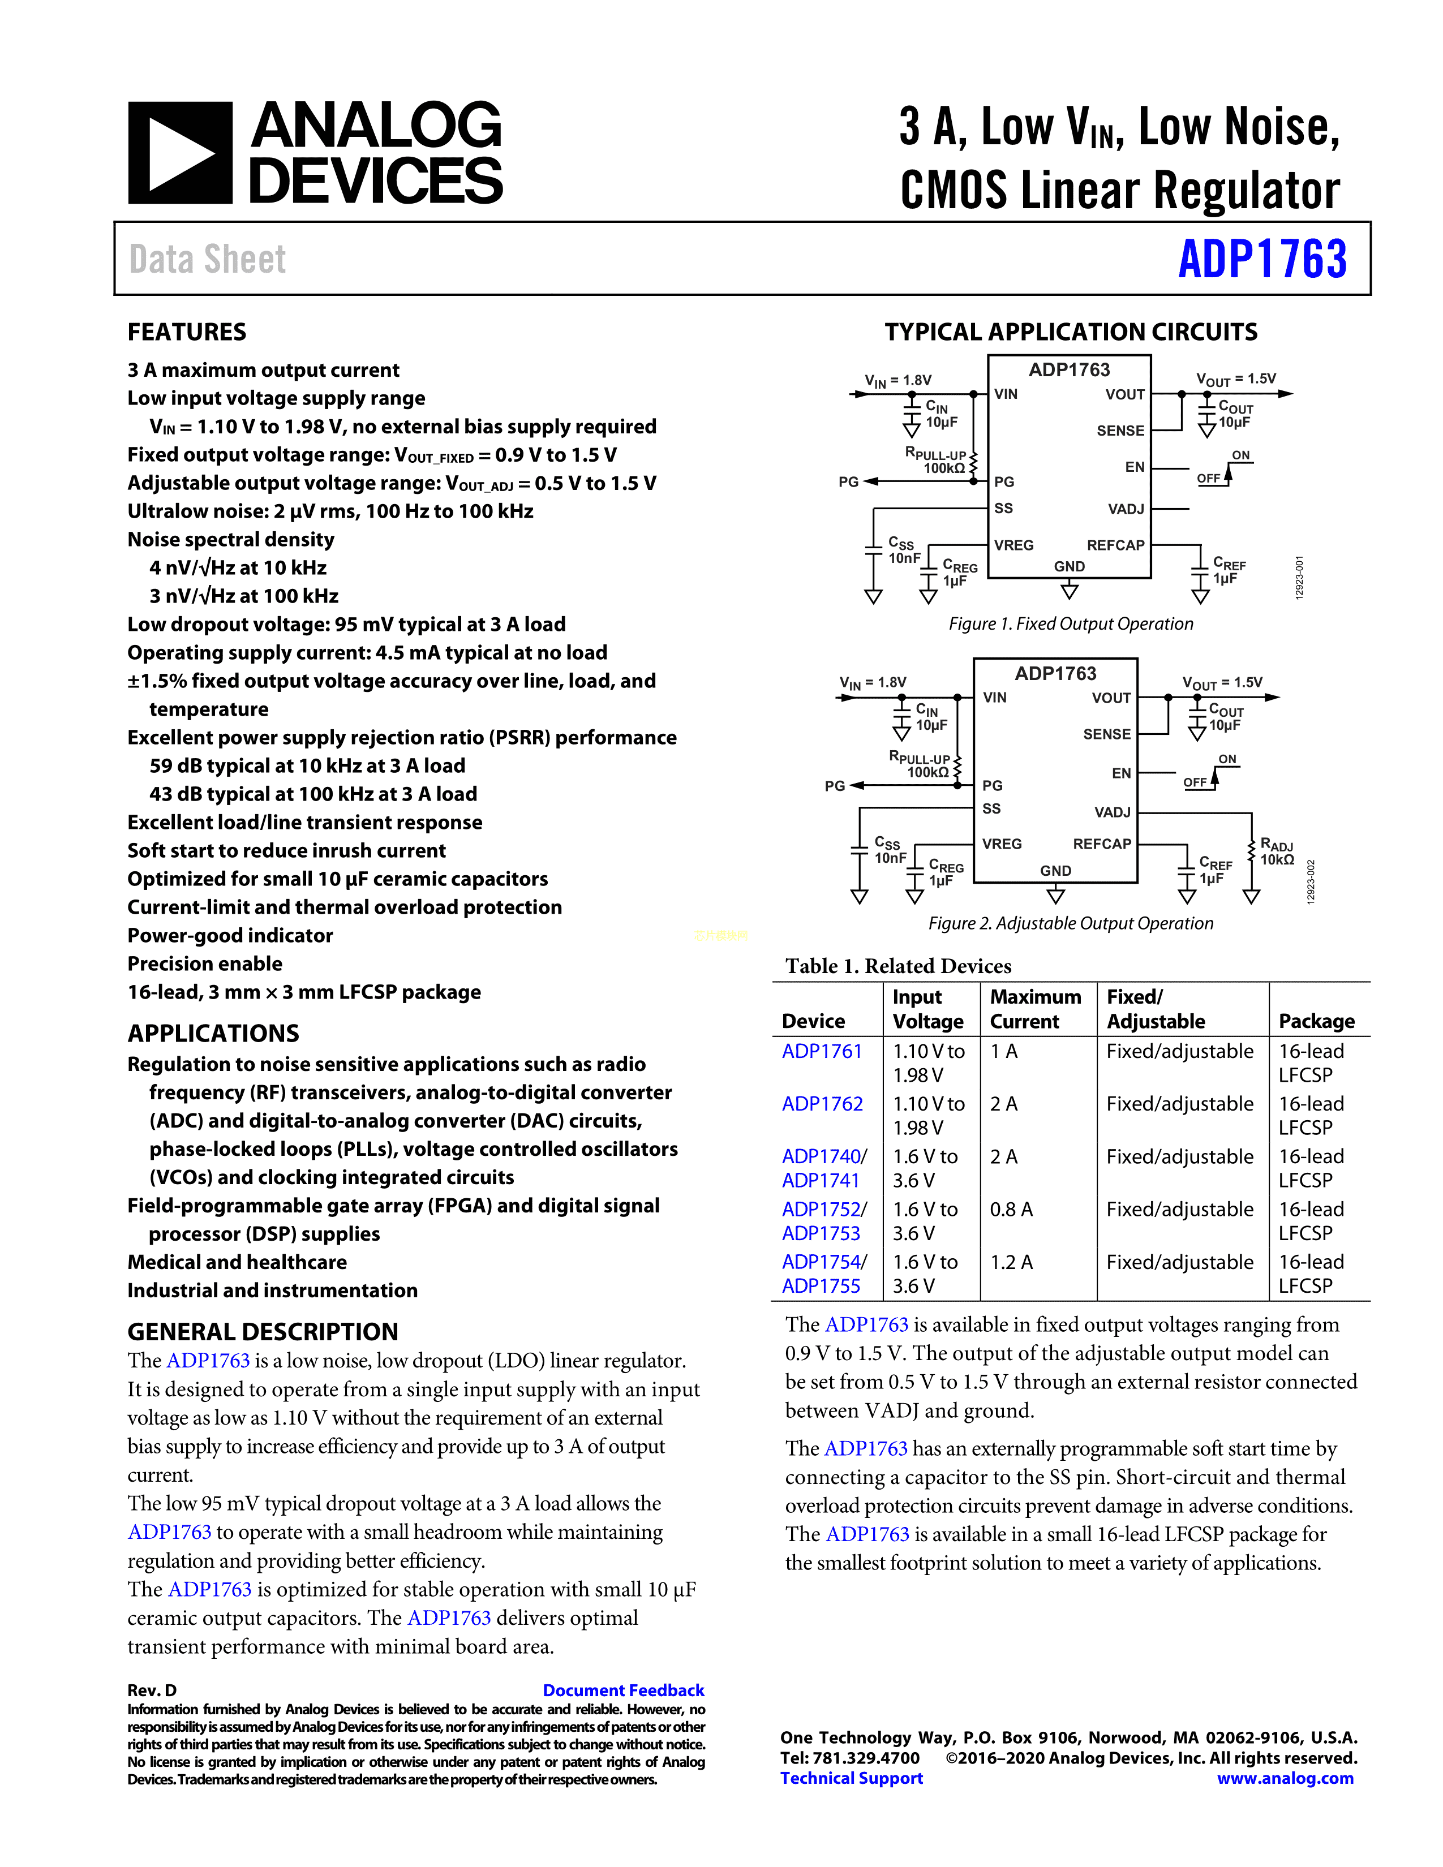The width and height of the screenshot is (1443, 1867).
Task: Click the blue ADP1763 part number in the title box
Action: pos(1262,259)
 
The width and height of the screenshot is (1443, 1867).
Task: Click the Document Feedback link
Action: pos(623,1690)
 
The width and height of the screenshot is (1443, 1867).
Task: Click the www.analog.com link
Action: pos(1285,1778)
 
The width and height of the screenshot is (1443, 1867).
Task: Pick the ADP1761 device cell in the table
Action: pos(822,1052)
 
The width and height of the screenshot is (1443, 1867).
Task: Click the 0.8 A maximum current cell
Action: pos(1011,1210)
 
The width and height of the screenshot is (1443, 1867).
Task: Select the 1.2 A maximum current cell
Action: pos(1011,1263)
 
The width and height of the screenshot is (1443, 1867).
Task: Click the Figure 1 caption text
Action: pos(1070,624)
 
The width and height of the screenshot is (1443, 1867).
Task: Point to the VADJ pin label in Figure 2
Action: pos(1111,812)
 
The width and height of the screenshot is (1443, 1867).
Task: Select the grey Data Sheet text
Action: pos(208,259)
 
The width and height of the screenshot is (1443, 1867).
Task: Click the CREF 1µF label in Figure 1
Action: pos(1229,571)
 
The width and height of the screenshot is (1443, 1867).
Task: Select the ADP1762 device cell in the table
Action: pos(822,1104)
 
